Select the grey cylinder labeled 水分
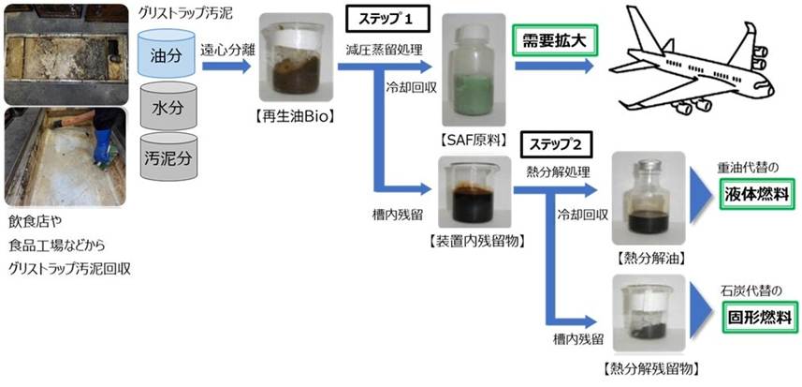pos(168,108)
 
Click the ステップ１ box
pos(384,20)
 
